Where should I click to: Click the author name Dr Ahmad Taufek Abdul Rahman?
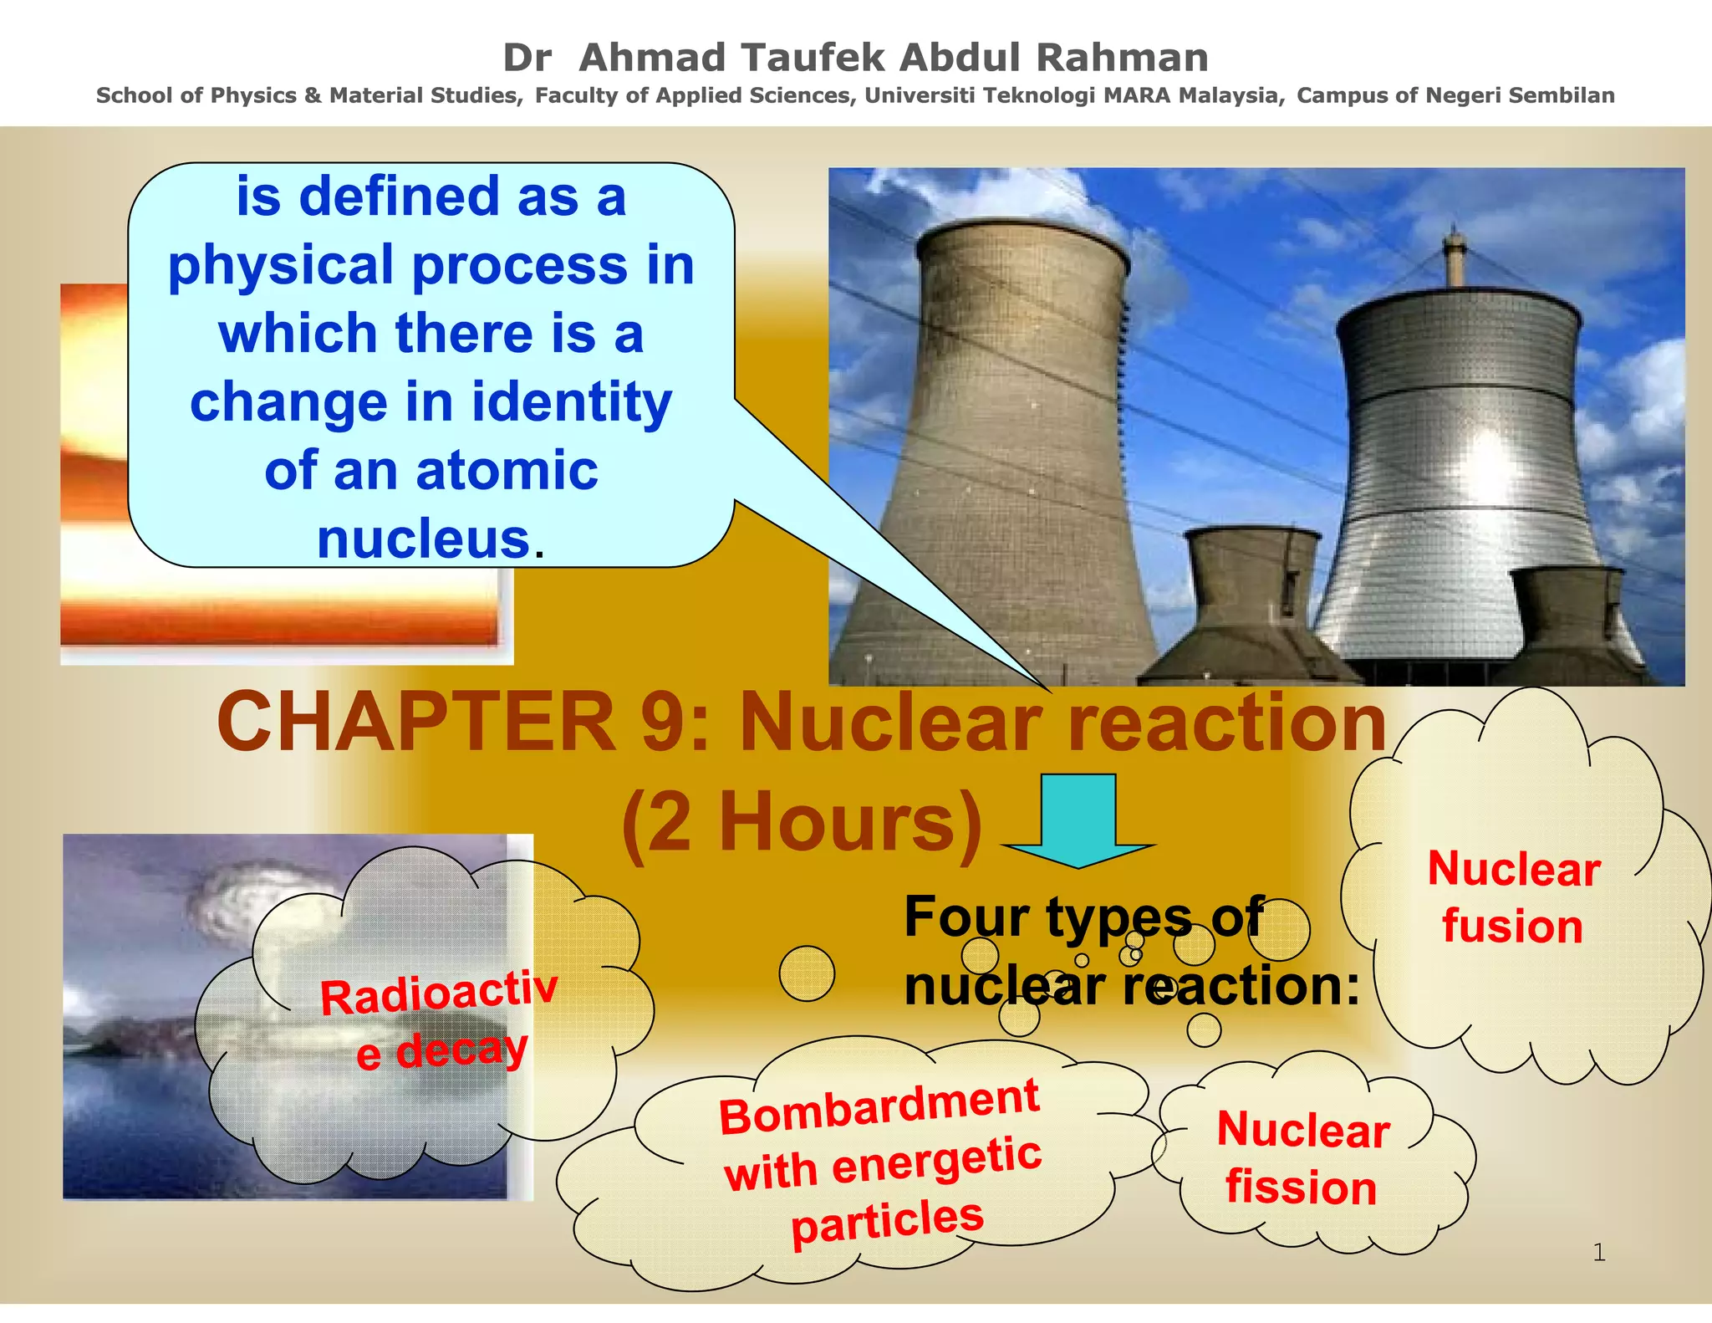[x=855, y=58]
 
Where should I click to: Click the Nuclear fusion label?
[x=1513, y=897]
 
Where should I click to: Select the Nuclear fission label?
[x=1302, y=1158]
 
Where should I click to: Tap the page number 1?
[x=1598, y=1252]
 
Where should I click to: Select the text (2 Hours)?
[x=801, y=825]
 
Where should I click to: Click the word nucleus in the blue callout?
[x=424, y=539]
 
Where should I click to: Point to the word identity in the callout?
[x=572, y=402]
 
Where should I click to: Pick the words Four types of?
[x=1083, y=917]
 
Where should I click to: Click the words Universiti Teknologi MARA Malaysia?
[x=1073, y=95]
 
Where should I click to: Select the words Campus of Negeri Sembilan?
[x=1455, y=95]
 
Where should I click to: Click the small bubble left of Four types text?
[x=807, y=973]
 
